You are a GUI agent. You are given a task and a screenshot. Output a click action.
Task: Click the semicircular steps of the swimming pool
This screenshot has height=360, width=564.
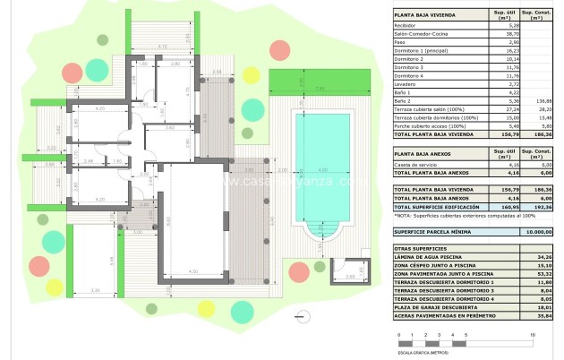click(x=321, y=235)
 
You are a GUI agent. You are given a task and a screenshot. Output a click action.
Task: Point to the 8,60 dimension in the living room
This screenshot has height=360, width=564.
click(x=170, y=223)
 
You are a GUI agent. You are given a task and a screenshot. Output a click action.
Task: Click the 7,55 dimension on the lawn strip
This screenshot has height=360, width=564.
click(x=320, y=89)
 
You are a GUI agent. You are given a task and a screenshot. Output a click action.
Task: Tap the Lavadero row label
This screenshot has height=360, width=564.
click(x=406, y=83)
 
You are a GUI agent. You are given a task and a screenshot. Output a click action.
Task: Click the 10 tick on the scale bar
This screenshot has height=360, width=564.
click(x=533, y=335)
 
